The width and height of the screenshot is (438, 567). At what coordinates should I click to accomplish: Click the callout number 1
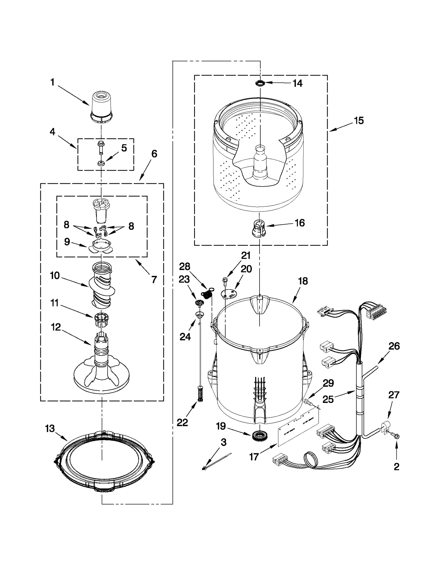[52, 82]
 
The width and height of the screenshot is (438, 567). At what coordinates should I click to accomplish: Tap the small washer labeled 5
[101, 164]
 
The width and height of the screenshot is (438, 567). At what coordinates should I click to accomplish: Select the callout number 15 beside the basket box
[359, 121]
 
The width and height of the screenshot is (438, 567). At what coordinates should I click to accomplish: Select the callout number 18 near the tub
[303, 281]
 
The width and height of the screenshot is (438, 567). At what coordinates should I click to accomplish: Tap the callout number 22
[182, 423]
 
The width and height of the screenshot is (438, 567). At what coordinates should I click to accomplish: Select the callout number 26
[394, 346]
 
